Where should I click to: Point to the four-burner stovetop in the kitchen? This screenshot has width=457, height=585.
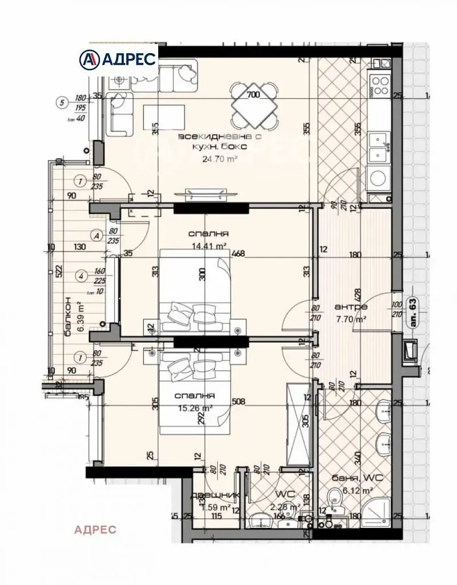pos(379,85)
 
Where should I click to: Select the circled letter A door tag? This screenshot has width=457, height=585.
pos(97,234)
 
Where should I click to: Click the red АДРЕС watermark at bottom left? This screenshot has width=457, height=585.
pos(95,530)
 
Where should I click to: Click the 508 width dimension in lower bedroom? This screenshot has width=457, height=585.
pos(239,401)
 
